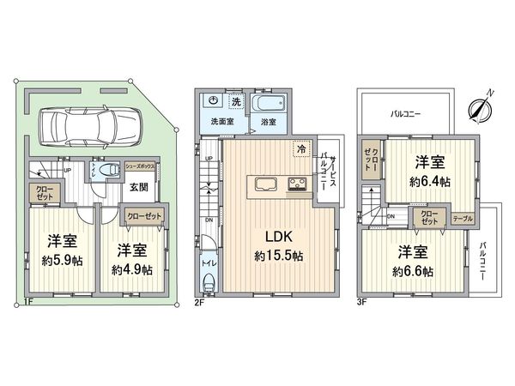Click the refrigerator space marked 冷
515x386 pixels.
(301, 147)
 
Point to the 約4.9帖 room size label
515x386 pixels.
(132, 269)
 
